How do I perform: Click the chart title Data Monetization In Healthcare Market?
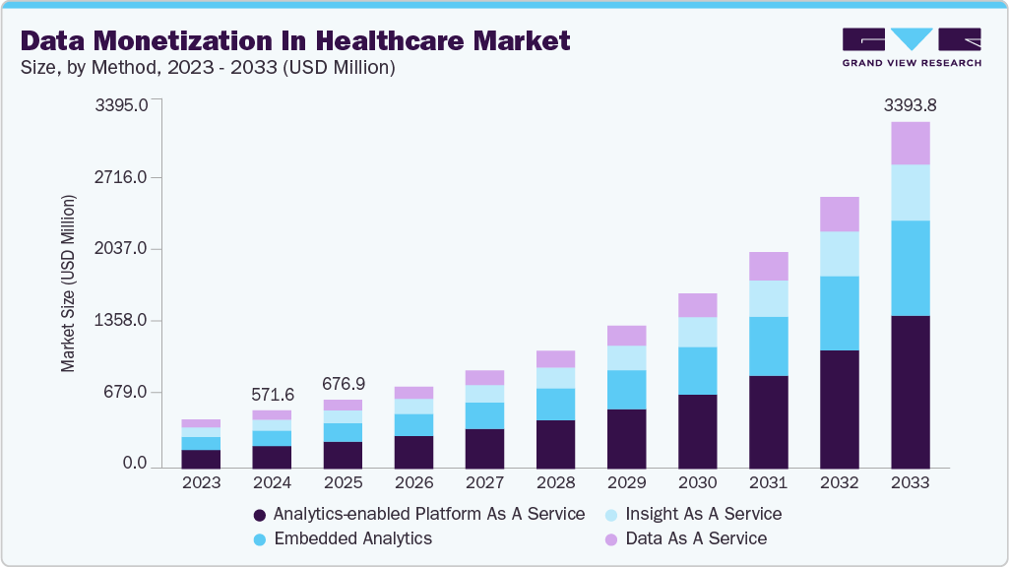tap(295, 40)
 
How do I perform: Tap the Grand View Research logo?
tap(911, 46)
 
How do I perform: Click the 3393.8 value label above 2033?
tap(910, 104)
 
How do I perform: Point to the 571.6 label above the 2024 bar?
tap(273, 395)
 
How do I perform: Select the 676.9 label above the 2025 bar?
tap(344, 383)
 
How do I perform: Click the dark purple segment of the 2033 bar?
tap(910, 392)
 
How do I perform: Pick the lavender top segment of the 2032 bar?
tap(839, 214)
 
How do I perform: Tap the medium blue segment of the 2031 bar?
tap(768, 346)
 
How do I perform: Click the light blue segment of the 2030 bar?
tap(697, 332)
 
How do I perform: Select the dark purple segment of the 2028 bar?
tap(555, 443)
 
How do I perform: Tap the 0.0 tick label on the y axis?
tap(133, 464)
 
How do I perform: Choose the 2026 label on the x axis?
tap(413, 483)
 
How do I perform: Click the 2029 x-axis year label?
tap(626, 483)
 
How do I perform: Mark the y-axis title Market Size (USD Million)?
tap(68, 283)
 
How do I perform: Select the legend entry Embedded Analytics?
tap(352, 538)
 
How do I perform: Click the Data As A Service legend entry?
tap(696, 538)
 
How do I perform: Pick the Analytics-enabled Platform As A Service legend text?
tap(428, 514)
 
